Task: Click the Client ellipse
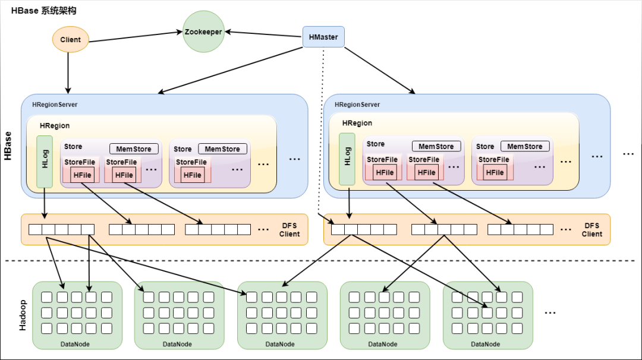point(70,39)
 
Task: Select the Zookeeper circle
point(203,31)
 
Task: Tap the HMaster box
point(323,37)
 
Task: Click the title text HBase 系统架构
point(44,11)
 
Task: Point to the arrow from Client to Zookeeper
point(136,36)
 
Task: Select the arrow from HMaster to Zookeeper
point(264,34)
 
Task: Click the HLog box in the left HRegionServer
point(45,162)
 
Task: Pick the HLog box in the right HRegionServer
point(347,159)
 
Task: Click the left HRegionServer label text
point(55,105)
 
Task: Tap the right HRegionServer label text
point(357,105)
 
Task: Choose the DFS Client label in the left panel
point(289,230)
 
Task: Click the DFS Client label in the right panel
point(592,230)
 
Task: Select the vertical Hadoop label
point(23,315)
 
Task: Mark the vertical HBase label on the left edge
point(8,146)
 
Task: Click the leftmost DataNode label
point(75,344)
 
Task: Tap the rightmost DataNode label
point(486,344)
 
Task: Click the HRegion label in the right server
point(357,123)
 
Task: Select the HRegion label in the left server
point(55,125)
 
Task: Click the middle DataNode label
point(280,344)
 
